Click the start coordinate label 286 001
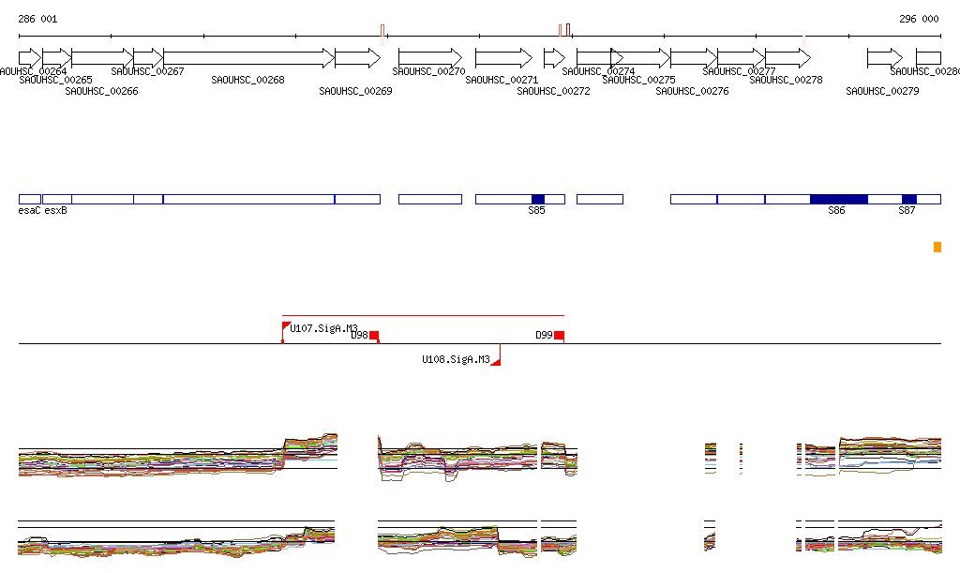tap(37, 19)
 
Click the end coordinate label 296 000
tap(919, 19)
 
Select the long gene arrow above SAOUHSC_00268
tap(248, 58)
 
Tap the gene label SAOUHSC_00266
tap(101, 92)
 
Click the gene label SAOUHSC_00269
tap(355, 92)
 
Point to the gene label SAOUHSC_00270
tap(428, 71)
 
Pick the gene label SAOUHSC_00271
tap(502, 81)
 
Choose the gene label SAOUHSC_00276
tap(692, 92)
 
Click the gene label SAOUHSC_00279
tap(882, 92)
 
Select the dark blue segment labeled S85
tap(537, 199)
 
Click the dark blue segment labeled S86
tap(838, 199)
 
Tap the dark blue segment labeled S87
tap(908, 199)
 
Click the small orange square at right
tap(937, 247)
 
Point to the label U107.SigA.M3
tap(323, 329)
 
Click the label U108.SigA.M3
tap(456, 359)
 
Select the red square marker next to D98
tap(373, 335)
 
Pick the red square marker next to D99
tap(559, 335)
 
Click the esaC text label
tap(29, 211)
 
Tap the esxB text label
tap(55, 211)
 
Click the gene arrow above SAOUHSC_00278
tap(787, 58)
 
